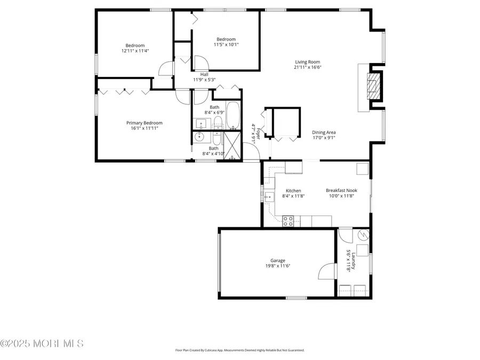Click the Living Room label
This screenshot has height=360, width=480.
coord(308,62)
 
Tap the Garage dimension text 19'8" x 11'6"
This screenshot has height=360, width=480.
coord(278,266)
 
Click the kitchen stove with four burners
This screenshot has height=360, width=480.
coord(288,221)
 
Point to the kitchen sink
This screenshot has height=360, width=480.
coord(269,197)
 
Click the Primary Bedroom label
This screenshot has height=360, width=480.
coord(145,123)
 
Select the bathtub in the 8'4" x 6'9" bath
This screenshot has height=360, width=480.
coord(233,116)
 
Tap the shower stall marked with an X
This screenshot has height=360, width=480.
coord(233,146)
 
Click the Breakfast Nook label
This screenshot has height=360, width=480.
coord(341,190)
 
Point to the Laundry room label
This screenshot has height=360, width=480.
coord(353,260)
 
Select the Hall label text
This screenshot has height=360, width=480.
coord(204,74)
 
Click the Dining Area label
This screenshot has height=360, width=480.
coord(324,132)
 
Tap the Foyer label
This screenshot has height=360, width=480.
coord(258,133)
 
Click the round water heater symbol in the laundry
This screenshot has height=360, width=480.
coord(364,235)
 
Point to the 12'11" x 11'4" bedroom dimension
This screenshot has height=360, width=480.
coord(135,51)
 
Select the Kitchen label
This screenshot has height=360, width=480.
coord(293,191)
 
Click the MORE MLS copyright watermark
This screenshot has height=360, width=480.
coord(42,343)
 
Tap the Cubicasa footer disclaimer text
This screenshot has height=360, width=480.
coord(240,350)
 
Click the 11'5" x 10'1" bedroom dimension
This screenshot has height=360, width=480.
coord(226,44)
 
